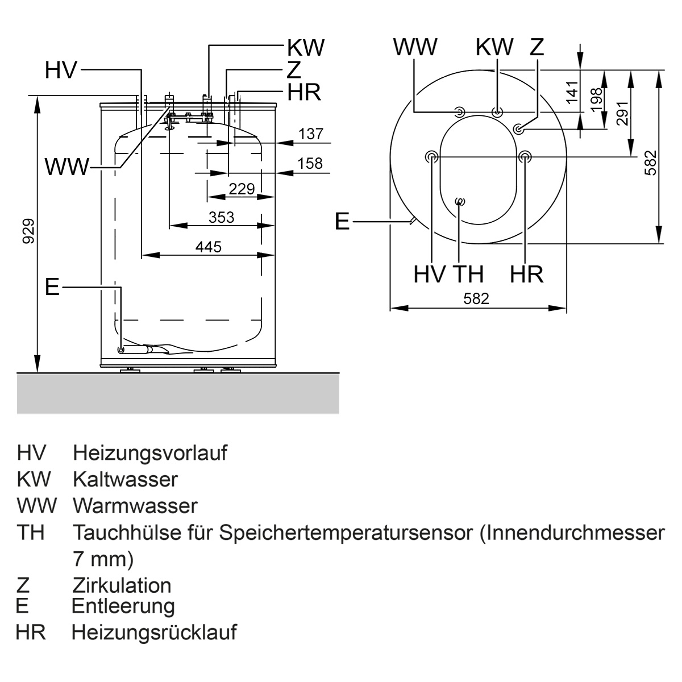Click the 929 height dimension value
coord(28,231)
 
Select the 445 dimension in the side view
coord(209,247)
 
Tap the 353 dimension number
coord(221,217)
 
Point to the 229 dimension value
coord(242,189)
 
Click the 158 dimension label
coord(310,164)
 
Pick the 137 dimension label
coord(311,134)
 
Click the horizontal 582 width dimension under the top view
coord(476,299)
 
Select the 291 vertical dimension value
coord(622,113)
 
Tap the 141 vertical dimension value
coord(572,93)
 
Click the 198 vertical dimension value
coord(597,99)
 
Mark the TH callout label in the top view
coord(468,274)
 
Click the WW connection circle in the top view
coord(460,112)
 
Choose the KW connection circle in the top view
coord(497,113)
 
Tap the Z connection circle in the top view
coord(519,129)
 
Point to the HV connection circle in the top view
coord(432,156)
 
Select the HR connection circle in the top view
coord(525,156)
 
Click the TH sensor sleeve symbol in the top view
coord(460,202)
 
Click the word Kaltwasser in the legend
coord(125,480)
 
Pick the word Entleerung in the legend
coord(123,606)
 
